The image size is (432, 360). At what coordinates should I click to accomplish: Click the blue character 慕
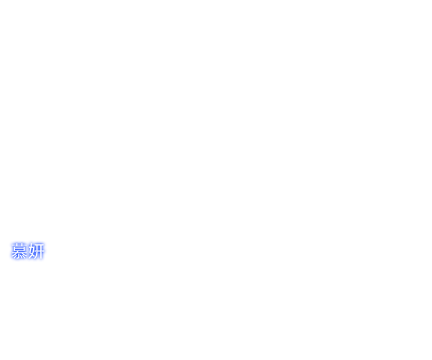[x=19, y=251]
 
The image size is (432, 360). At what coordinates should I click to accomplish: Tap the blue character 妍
[x=36, y=251]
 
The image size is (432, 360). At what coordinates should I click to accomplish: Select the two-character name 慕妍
[x=27, y=251]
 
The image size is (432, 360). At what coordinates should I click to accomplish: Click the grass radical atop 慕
[x=19, y=245]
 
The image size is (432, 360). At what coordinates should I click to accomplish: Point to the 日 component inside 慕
[x=19, y=248]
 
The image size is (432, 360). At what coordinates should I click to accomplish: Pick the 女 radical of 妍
[x=31, y=251]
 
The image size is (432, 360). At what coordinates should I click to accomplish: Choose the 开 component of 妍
[x=39, y=251]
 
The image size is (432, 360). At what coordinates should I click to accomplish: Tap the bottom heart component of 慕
[x=19, y=256]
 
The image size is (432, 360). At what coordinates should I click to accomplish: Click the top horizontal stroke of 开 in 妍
[x=39, y=245]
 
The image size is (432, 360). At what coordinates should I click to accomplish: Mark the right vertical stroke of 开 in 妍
[x=41, y=251]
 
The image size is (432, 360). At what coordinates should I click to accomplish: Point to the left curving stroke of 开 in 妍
[x=37, y=252]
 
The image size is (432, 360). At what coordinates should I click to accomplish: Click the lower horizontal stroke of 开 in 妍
[x=39, y=251]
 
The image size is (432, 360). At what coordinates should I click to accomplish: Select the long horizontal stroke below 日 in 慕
[x=19, y=252]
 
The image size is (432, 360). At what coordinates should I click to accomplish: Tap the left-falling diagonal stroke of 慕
[x=15, y=253]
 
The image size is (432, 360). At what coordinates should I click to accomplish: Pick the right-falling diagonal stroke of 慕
[x=23, y=253]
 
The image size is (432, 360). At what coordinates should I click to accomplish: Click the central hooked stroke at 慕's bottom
[x=19, y=256]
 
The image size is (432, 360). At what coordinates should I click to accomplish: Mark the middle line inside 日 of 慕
[x=19, y=248]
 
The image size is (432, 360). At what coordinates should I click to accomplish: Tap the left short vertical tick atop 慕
[x=17, y=245]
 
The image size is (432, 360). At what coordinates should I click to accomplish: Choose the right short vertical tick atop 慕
[x=22, y=245]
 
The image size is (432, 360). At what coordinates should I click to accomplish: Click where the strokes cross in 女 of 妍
[x=31, y=253]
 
